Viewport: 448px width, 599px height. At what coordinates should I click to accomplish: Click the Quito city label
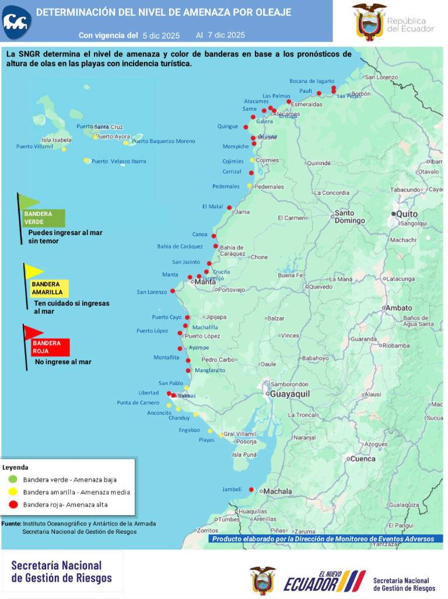pos(407,214)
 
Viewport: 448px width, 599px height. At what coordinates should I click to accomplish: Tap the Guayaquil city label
pos(288,394)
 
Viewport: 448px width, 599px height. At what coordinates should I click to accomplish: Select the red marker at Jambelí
pos(251,489)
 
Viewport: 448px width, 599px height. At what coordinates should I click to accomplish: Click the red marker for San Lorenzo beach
pos(172,291)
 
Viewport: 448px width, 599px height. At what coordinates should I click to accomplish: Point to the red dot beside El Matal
pos(229,208)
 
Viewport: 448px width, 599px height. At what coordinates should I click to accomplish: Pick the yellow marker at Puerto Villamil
pos(64,149)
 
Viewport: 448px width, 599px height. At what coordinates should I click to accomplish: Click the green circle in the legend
pos(13,479)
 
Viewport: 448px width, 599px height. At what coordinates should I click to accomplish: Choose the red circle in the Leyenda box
pos(13,505)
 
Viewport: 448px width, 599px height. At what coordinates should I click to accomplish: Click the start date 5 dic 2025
pos(161,35)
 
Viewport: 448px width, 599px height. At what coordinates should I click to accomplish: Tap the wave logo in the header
pos(16,22)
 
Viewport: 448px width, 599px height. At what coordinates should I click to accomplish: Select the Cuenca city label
pos(362,458)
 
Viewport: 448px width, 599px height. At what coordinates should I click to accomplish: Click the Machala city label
pos(277,492)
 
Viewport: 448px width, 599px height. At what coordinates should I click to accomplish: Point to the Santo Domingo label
pos(349,217)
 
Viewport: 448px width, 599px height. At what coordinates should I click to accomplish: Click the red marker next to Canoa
pos(214,236)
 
